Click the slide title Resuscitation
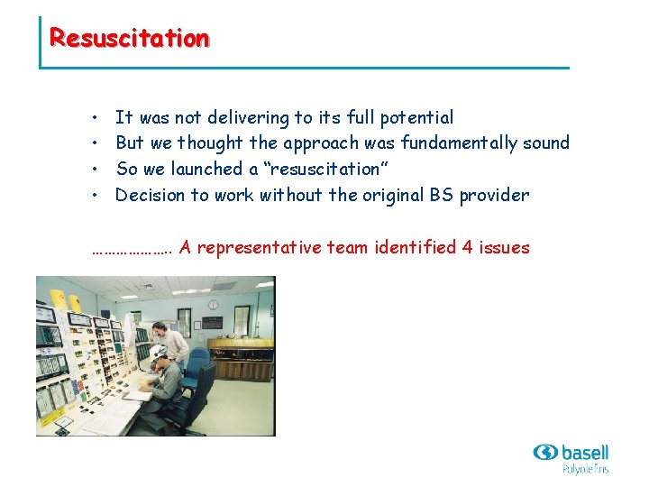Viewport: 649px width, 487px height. [x=129, y=38]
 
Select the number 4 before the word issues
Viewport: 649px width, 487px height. [x=467, y=247]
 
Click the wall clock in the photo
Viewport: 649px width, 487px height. [x=213, y=304]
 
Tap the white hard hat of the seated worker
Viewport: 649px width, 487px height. [x=158, y=352]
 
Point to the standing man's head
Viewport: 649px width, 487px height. [x=160, y=327]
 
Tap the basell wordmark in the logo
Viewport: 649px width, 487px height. [x=584, y=452]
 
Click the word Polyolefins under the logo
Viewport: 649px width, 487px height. [x=585, y=469]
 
